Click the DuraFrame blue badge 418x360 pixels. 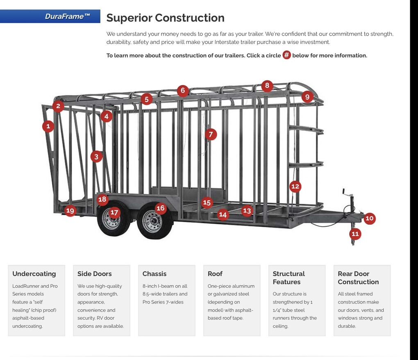(50, 16)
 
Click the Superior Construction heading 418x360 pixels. (165, 18)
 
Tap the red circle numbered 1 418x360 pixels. (48, 126)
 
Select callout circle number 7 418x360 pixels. (211, 134)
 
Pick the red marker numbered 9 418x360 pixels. (307, 97)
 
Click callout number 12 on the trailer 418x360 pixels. (295, 187)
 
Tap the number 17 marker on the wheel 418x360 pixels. (114, 212)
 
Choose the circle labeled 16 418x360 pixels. (160, 208)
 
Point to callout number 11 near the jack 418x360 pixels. (355, 234)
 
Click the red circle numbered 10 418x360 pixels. (369, 218)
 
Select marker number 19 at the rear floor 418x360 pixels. (70, 211)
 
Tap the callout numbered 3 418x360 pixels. (96, 156)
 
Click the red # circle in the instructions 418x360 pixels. (286, 55)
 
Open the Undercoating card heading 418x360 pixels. (34, 274)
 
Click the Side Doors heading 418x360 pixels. (94, 274)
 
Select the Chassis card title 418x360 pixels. (154, 274)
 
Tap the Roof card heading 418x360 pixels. (215, 274)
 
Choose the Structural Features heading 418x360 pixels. (289, 278)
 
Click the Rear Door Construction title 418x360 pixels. (358, 278)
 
